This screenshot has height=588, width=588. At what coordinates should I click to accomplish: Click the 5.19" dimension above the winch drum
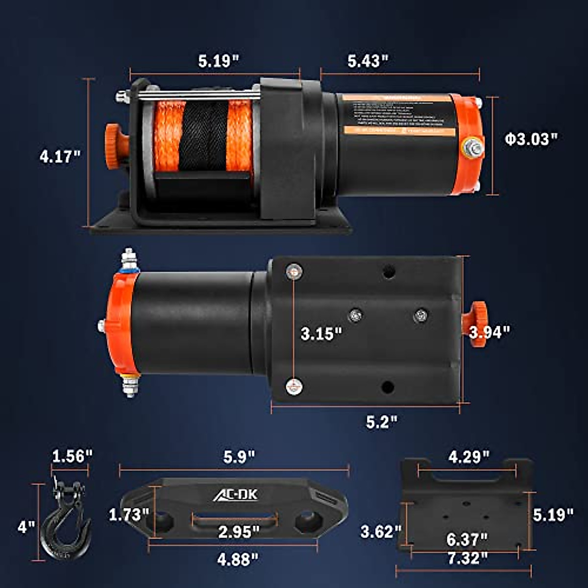pyautogui.click(x=219, y=61)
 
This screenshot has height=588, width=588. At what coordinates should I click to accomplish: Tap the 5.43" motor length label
pyautogui.click(x=368, y=61)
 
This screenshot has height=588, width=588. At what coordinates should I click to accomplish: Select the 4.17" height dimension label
pyautogui.click(x=60, y=157)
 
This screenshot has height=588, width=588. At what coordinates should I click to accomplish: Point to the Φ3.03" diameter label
pyautogui.click(x=532, y=139)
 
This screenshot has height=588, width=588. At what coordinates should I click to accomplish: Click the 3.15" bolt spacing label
pyautogui.click(x=321, y=334)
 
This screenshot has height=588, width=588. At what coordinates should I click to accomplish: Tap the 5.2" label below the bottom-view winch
pyautogui.click(x=382, y=422)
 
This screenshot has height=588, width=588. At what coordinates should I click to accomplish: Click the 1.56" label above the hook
pyautogui.click(x=72, y=456)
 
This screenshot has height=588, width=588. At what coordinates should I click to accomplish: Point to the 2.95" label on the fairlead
pyautogui.click(x=239, y=531)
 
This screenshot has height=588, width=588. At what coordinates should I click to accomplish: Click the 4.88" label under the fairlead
pyautogui.click(x=237, y=559)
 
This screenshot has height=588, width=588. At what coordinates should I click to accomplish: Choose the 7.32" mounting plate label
pyautogui.click(x=467, y=558)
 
